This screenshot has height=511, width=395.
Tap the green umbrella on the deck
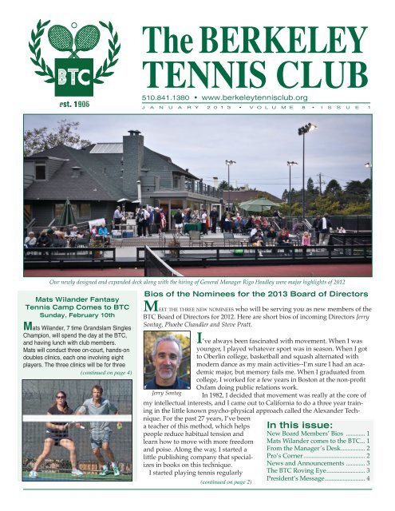pyautogui.click(x=260, y=204)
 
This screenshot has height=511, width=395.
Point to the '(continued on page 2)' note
pyautogui.click(x=221, y=505)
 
